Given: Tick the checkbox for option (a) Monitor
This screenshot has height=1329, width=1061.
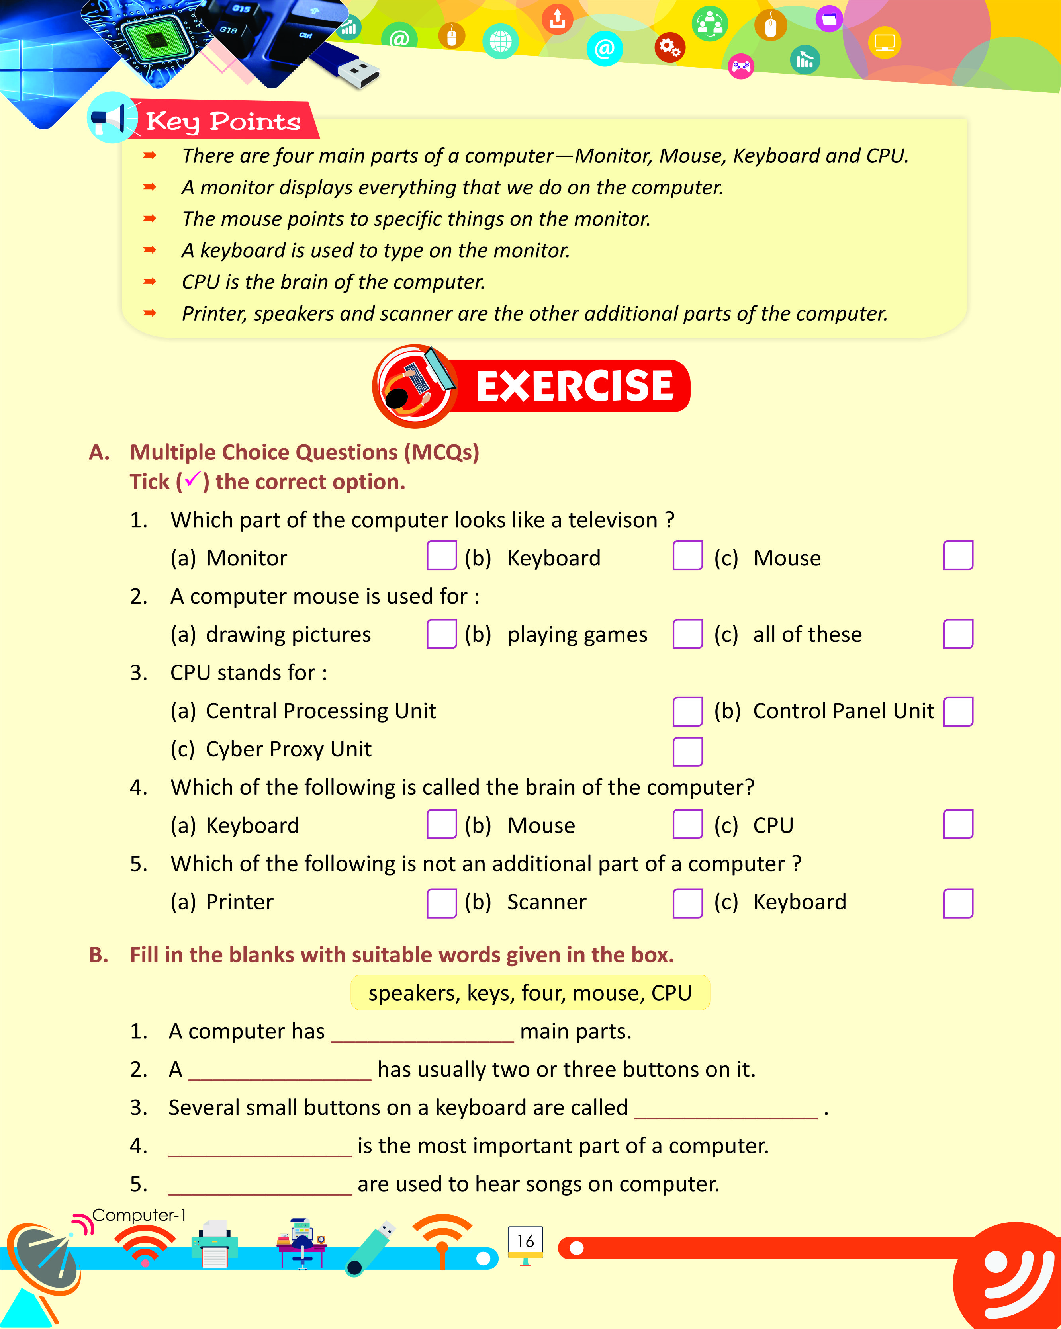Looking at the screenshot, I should pyautogui.click(x=441, y=555).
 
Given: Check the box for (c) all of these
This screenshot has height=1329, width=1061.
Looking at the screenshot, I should pyautogui.click(x=957, y=634).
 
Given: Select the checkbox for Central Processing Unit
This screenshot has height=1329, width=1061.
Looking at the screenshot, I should pyautogui.click(x=687, y=712).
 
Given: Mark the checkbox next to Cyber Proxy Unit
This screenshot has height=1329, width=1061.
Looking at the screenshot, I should pyautogui.click(x=687, y=751).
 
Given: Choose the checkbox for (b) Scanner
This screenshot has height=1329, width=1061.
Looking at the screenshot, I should pyautogui.click(x=687, y=903).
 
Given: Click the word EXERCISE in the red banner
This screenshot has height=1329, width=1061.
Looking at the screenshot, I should pyautogui.click(x=575, y=387).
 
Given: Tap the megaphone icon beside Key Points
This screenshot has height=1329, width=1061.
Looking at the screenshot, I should pyautogui.click(x=111, y=117).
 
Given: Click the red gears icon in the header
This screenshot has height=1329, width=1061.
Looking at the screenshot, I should pyautogui.click(x=669, y=47).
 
